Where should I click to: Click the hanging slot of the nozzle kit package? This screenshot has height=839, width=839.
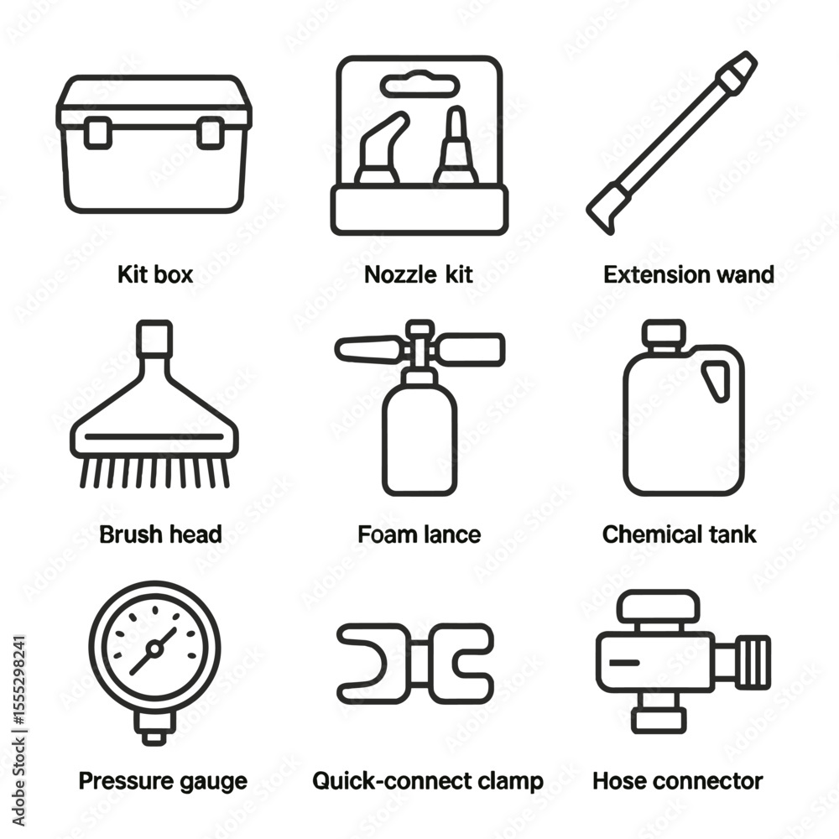(420, 85)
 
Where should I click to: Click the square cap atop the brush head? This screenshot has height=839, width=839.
(154, 337)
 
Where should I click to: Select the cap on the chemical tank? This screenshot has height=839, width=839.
(664, 334)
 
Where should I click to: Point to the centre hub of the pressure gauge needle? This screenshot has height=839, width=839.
(154, 649)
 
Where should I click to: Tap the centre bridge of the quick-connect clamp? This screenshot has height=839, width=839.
(419, 663)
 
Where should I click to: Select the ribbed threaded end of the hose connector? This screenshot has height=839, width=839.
(753, 663)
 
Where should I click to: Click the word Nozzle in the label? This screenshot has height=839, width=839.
(400, 274)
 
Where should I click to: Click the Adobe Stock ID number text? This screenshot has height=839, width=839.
(18, 680)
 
